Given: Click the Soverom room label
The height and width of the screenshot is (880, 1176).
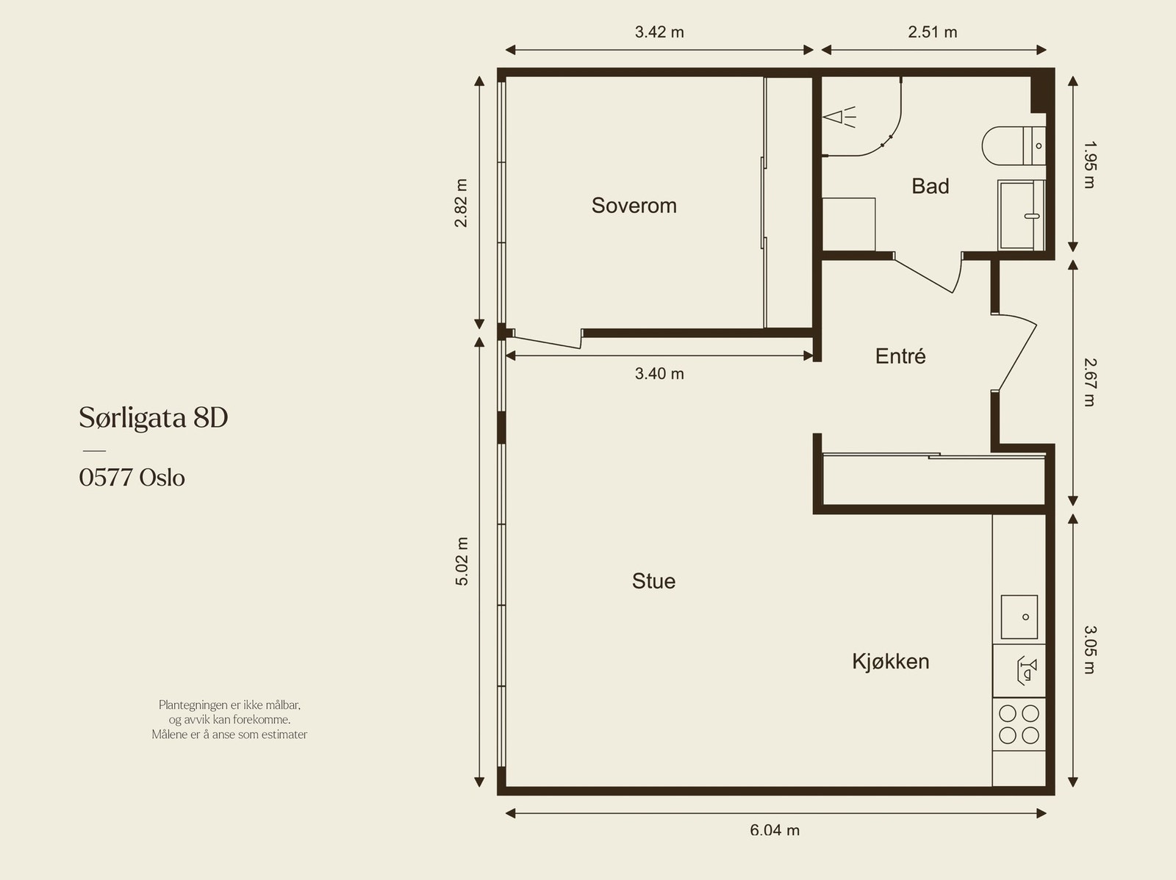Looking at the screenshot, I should (x=634, y=206).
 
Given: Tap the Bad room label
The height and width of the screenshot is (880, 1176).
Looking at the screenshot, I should (x=930, y=187).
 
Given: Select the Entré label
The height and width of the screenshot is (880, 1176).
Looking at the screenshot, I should (x=900, y=356).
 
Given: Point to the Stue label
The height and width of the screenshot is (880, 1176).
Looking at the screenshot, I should (x=653, y=581).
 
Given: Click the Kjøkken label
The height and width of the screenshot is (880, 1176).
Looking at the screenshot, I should (x=890, y=661).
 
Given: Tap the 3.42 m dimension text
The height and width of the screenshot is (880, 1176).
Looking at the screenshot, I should (x=659, y=32).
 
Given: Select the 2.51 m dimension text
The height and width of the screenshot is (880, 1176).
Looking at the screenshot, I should (x=932, y=32).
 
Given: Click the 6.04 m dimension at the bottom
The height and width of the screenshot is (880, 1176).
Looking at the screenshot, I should (x=775, y=830).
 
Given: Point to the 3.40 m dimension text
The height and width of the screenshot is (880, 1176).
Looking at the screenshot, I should (x=659, y=374).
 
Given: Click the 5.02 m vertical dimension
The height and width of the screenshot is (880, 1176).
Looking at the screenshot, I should (x=462, y=561).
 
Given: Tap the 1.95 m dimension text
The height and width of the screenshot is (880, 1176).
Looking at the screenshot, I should (x=1089, y=165).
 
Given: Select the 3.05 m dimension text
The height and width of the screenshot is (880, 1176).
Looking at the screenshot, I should (x=1089, y=649).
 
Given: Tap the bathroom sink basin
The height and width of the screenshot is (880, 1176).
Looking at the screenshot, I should (x=1020, y=215).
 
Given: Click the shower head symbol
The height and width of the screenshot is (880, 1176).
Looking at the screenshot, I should (x=839, y=118).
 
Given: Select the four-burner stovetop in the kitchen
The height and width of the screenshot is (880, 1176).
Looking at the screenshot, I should (x=1019, y=724).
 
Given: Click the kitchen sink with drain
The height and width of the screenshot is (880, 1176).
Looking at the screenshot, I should (x=1019, y=617).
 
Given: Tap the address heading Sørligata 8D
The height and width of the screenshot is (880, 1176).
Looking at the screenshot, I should (x=154, y=418).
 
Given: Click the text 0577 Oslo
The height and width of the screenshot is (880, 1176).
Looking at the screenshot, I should (x=132, y=477).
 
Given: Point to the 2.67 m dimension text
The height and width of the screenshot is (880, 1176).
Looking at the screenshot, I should (x=1089, y=382).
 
